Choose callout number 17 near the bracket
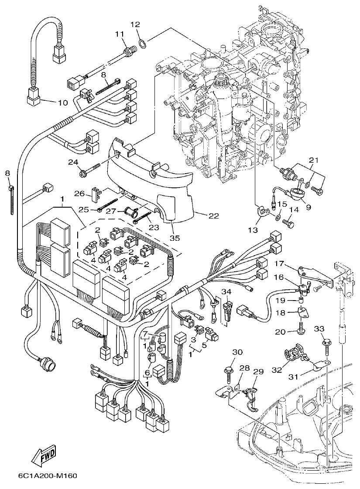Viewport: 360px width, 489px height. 279,264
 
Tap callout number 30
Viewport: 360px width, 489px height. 237,352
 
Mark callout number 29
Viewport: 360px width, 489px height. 258,372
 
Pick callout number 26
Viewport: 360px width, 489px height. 79,193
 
